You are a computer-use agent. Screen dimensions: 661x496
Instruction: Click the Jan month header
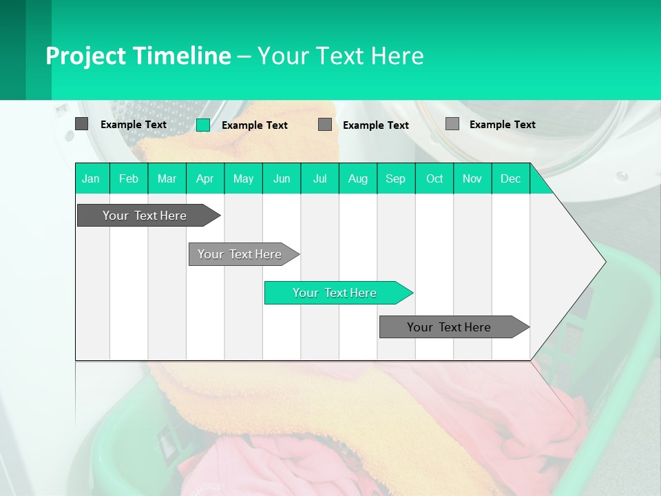(x=91, y=178)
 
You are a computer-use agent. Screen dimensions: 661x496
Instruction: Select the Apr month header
(x=205, y=178)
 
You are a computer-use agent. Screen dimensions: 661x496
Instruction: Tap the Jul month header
(x=319, y=178)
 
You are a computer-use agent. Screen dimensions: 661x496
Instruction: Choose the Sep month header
(x=395, y=178)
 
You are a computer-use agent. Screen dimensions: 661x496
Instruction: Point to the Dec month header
(x=510, y=178)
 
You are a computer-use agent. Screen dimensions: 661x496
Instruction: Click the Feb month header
(x=129, y=178)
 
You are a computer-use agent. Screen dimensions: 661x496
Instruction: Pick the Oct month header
(x=434, y=178)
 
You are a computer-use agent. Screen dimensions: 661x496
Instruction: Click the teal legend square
(x=203, y=125)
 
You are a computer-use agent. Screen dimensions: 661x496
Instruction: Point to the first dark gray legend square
(x=82, y=124)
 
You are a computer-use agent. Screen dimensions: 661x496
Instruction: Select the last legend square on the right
(x=452, y=124)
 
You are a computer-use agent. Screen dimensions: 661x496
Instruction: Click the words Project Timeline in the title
(x=138, y=56)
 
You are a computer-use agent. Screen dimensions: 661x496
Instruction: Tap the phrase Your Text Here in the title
(x=340, y=56)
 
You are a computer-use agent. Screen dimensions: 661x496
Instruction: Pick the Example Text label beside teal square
(x=254, y=125)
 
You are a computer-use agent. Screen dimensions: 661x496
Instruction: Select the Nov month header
(x=472, y=178)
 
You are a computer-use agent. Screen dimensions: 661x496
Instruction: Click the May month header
(x=243, y=178)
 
